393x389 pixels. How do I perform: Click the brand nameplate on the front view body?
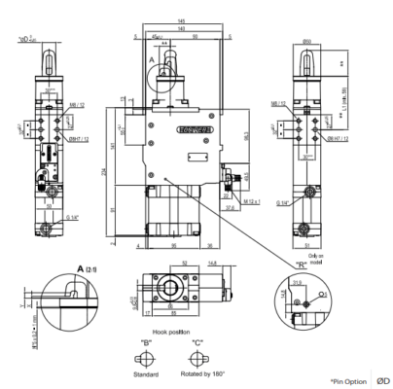(x=190, y=125)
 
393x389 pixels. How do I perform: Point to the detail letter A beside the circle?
(x=152, y=59)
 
